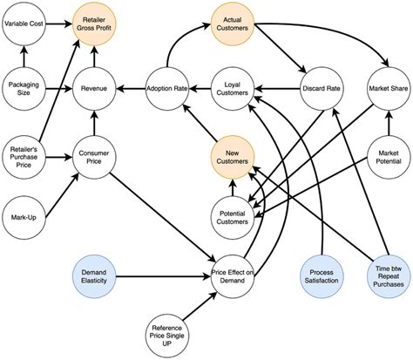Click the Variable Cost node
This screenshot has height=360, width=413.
26,24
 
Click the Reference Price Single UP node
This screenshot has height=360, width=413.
166,332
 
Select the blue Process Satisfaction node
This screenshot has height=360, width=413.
320,276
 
